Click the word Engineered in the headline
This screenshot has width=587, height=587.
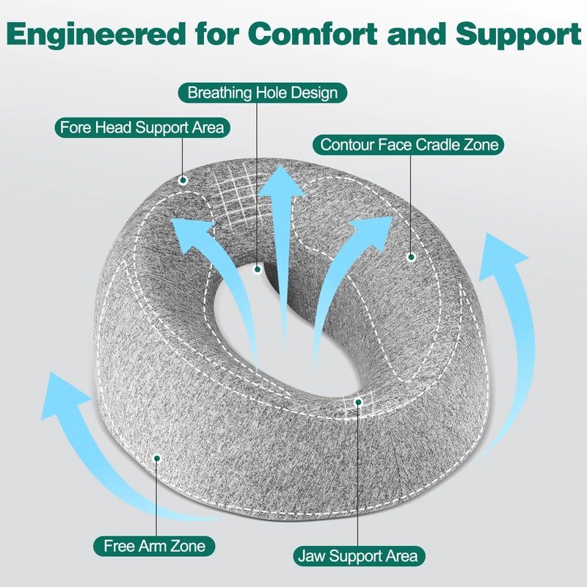[96, 35]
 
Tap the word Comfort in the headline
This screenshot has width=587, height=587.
[313, 34]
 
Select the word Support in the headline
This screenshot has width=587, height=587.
[519, 35]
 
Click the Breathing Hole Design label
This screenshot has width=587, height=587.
[263, 93]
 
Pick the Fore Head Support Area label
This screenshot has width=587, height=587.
[142, 128]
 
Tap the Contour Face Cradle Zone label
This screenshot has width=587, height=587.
[409, 145]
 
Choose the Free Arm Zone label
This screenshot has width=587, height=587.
[154, 546]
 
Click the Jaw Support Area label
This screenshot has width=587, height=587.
[359, 556]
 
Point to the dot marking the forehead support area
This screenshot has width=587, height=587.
[183, 181]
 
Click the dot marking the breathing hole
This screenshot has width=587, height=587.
[258, 269]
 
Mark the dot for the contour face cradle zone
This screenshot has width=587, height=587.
[412, 258]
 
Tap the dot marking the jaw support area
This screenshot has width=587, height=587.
[358, 402]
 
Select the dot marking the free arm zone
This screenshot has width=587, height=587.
[157, 458]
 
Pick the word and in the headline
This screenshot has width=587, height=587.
[417, 34]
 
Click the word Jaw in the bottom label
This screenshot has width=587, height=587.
[312, 556]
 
